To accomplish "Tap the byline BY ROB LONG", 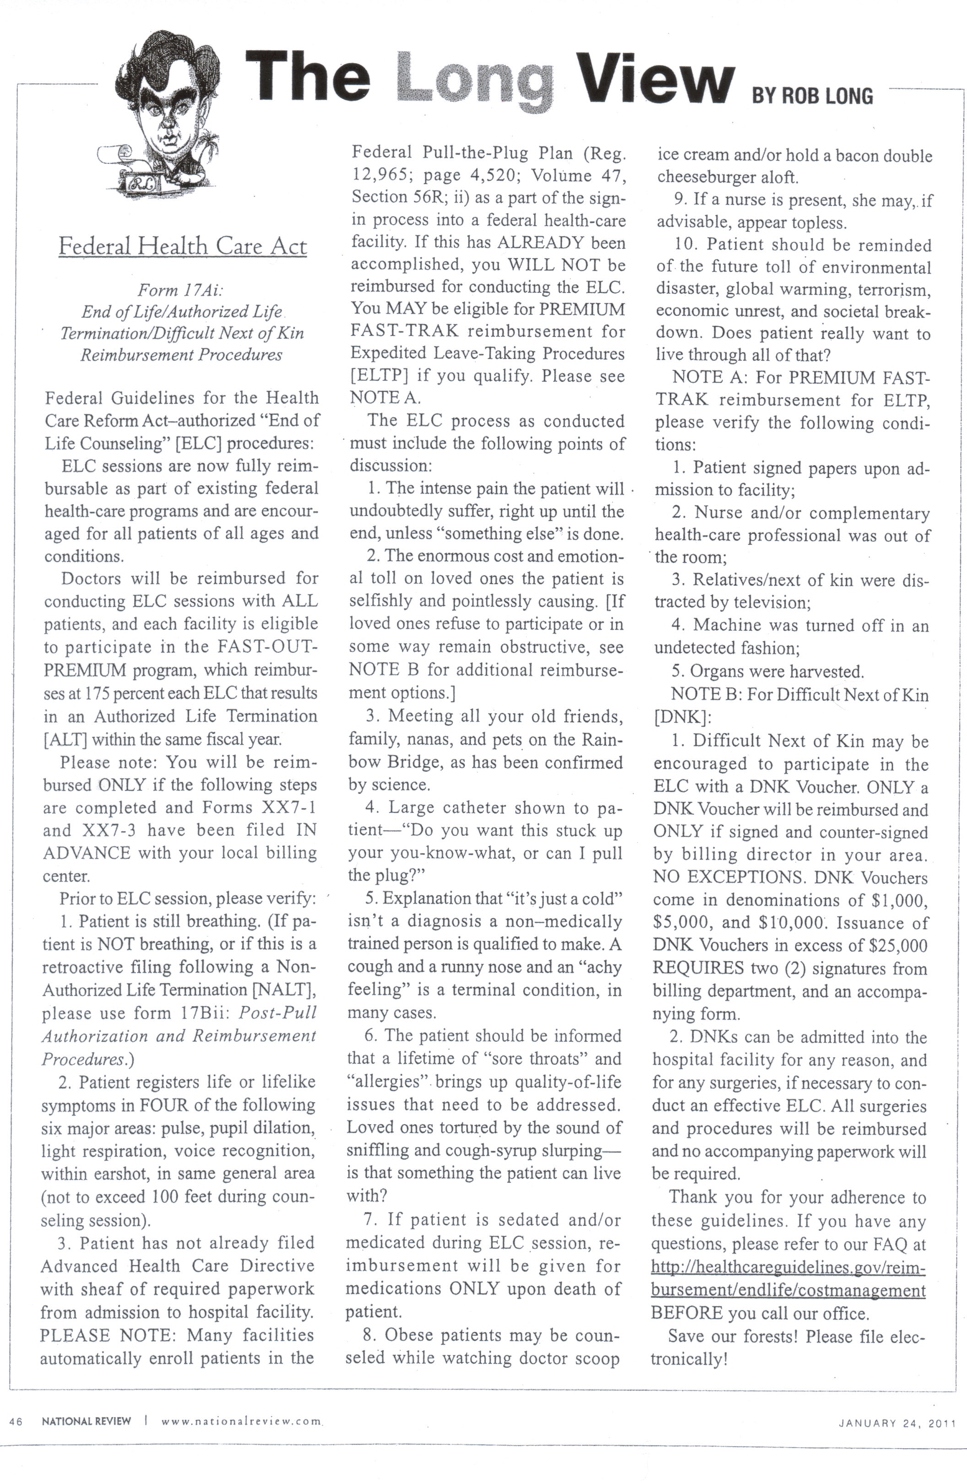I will point(812,95).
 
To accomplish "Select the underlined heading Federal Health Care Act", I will point(183,246).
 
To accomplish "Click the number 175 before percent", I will point(97,693).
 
